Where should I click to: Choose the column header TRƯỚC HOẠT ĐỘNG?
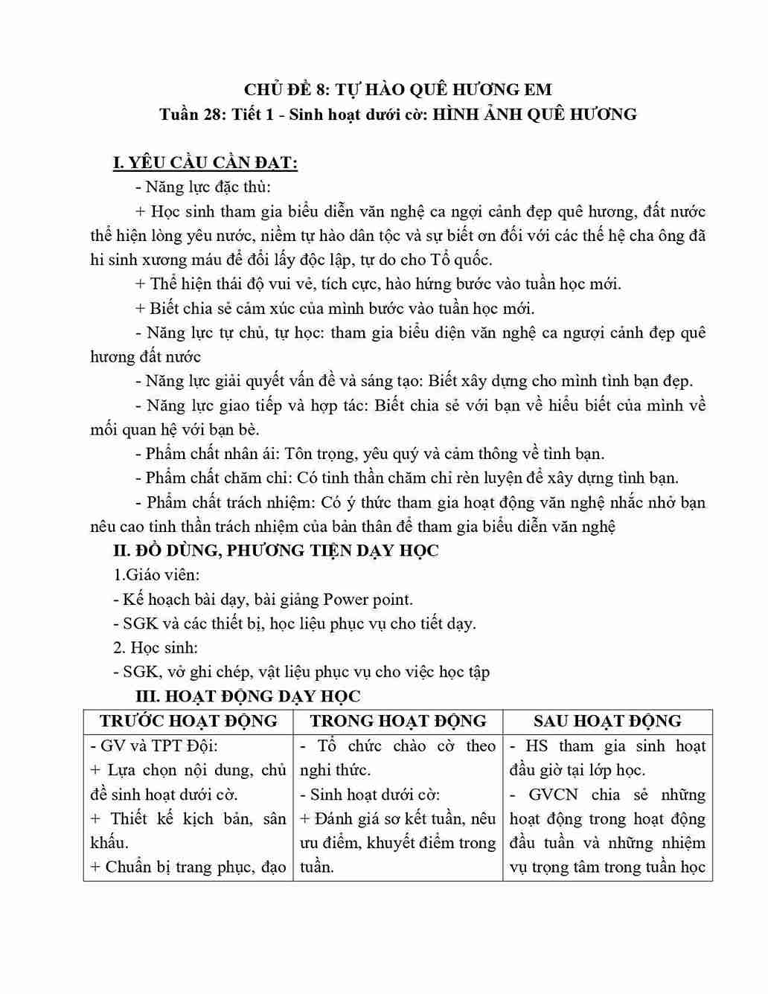click(x=188, y=720)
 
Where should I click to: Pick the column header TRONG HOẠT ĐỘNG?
click(x=398, y=720)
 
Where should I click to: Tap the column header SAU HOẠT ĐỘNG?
click(x=607, y=720)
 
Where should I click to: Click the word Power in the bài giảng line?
click(x=346, y=599)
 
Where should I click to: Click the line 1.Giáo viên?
click(x=156, y=574)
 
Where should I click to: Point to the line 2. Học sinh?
click(x=156, y=647)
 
